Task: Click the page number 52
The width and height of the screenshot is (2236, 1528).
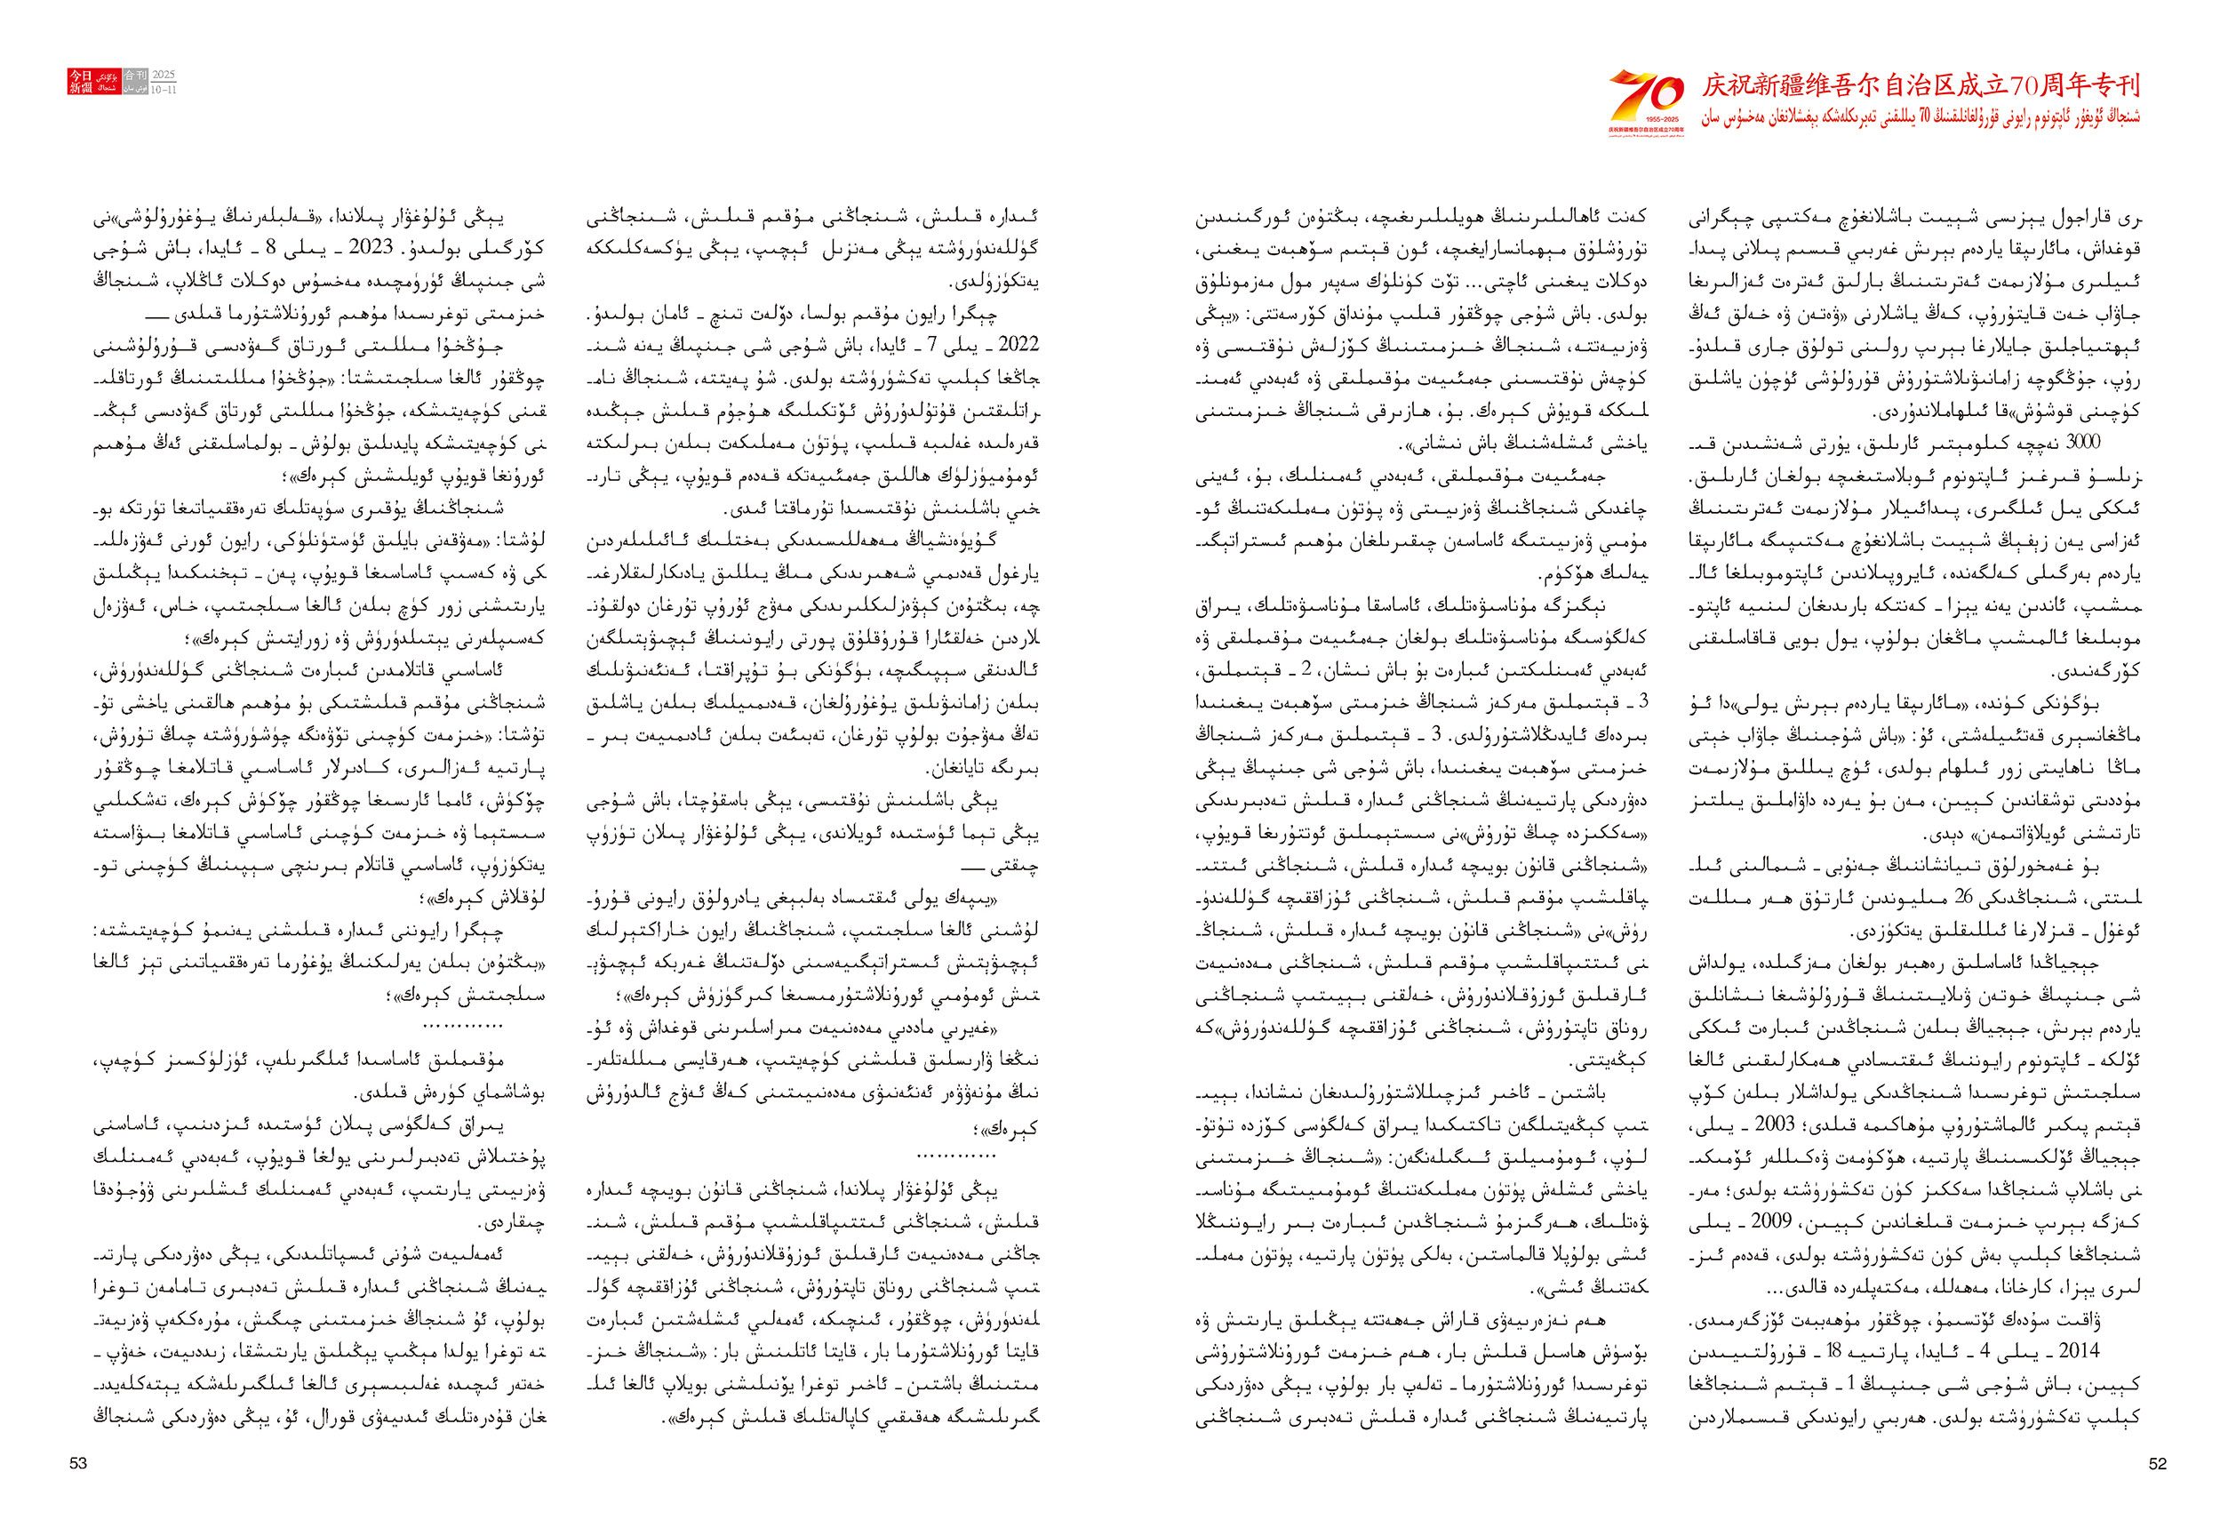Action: pyautogui.click(x=2157, y=1463)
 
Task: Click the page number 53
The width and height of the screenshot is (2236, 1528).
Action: pyautogui.click(x=78, y=1463)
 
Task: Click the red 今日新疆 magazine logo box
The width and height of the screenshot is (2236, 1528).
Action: pyautogui.click(x=80, y=82)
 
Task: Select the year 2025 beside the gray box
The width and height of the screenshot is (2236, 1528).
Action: pyautogui.click(x=164, y=74)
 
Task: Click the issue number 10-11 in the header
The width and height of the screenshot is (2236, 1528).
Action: pyautogui.click(x=164, y=90)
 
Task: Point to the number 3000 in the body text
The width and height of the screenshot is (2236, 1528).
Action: pyautogui.click(x=2083, y=443)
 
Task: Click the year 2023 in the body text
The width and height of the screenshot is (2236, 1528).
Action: pyautogui.click(x=371, y=247)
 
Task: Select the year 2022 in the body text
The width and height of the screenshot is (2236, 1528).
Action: pyautogui.click(x=1018, y=345)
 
